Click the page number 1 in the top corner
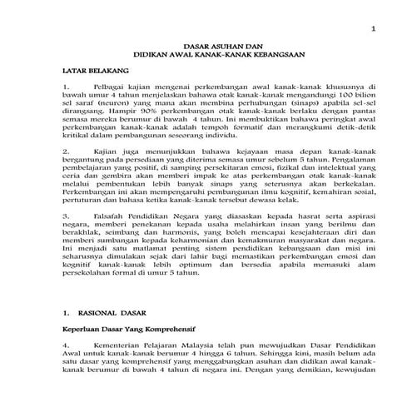coord(374,31)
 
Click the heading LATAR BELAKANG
coord(97,85)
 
